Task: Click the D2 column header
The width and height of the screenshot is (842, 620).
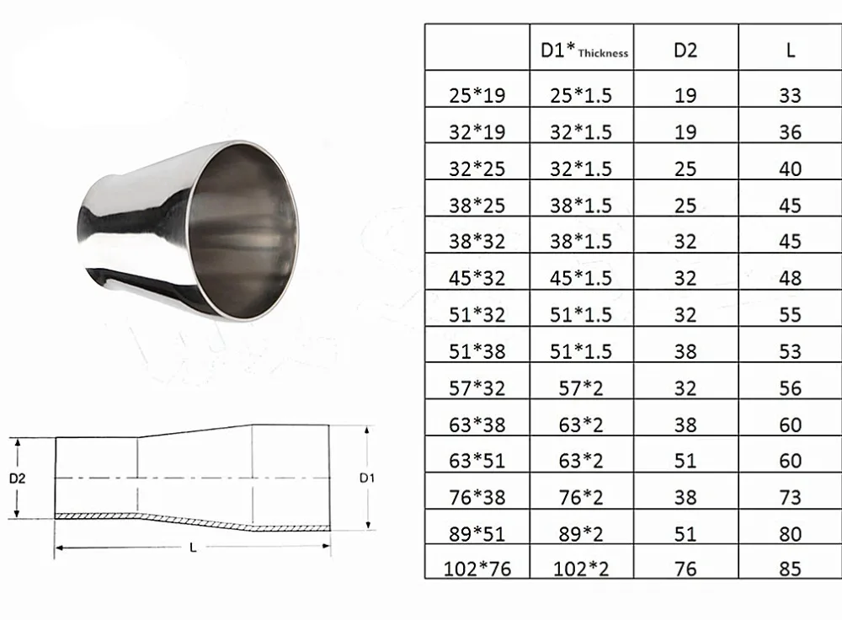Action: [x=685, y=51]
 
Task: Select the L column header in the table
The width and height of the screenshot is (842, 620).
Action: [x=790, y=51]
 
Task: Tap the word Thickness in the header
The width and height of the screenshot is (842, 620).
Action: [x=603, y=53]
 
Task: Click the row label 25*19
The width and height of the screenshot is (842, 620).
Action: [x=477, y=96]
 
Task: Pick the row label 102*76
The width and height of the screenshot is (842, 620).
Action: [x=477, y=569]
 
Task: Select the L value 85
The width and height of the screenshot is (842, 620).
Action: [x=790, y=569]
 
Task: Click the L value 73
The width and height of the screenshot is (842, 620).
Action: [x=790, y=498]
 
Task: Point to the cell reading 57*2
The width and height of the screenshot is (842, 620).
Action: [x=581, y=387]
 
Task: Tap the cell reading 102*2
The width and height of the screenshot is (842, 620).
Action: [x=581, y=569]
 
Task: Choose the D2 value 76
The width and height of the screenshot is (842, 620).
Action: [x=685, y=569]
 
